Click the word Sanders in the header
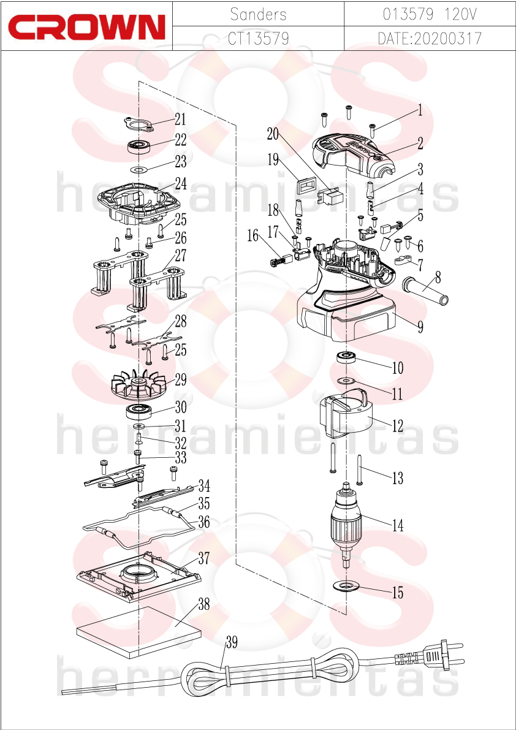point(258,15)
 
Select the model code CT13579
point(258,39)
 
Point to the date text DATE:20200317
point(430,39)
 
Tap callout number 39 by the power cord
point(232,643)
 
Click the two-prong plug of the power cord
point(428,656)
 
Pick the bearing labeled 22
point(140,146)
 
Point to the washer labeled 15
point(346,584)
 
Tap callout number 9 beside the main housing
point(420,327)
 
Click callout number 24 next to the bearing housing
point(181,184)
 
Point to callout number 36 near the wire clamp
point(204,522)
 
